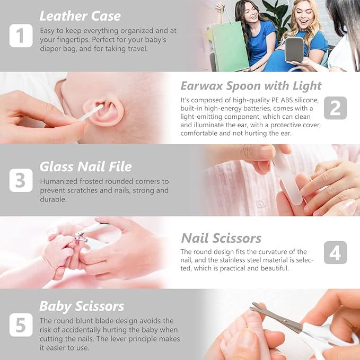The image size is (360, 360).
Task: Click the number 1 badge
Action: [21, 36]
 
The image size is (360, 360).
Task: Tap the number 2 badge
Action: [335, 108]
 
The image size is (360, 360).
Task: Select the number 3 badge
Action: [21, 180]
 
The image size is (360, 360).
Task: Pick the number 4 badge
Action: [335, 252]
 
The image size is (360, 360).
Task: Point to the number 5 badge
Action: [21, 324]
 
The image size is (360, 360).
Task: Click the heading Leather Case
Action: [80, 16]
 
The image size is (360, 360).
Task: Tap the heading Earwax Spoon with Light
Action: [251, 85]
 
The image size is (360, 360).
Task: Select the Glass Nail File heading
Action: [85, 166]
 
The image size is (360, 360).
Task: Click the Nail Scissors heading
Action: [221, 238]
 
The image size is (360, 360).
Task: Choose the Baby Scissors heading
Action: [82, 306]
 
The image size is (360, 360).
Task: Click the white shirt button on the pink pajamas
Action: [260, 204]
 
